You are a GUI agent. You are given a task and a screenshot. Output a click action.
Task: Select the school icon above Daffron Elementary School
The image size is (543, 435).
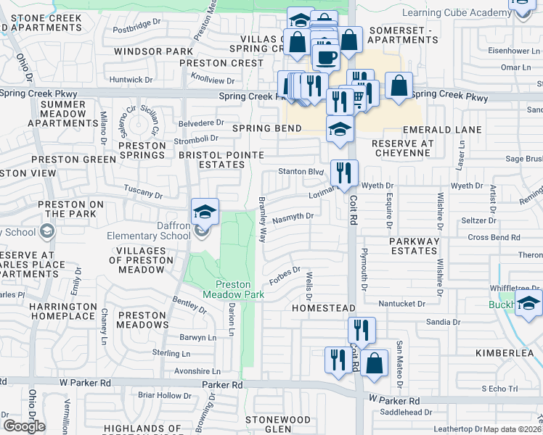205,212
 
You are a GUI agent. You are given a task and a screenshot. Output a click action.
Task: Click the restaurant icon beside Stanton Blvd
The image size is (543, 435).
343,173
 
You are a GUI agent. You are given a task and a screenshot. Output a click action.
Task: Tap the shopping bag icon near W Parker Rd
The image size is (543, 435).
375,363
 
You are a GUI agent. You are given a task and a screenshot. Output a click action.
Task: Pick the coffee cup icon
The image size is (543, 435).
326,57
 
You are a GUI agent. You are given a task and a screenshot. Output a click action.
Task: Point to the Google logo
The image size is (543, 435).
23,426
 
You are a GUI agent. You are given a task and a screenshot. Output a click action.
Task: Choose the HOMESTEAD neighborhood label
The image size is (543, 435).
322,308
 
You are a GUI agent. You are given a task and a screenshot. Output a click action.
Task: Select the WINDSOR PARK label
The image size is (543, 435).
154,51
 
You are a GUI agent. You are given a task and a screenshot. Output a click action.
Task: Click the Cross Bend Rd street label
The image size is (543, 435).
494,237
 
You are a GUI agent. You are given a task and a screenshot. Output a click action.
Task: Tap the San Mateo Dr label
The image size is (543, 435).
399,357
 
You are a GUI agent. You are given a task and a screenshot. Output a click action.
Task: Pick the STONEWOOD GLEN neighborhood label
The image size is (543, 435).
278,424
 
